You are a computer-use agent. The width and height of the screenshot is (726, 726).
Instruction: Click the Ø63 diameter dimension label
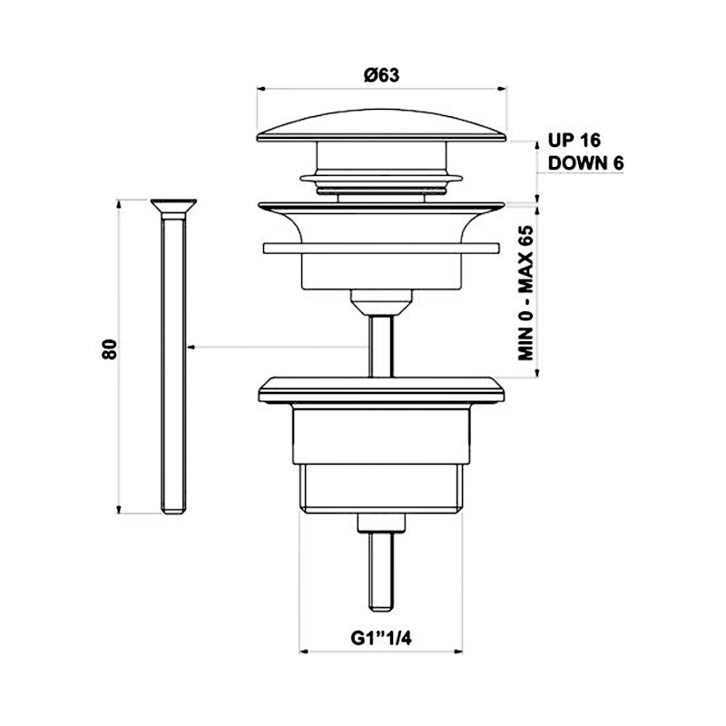click(381, 76)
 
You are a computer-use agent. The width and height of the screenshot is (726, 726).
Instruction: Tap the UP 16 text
click(574, 141)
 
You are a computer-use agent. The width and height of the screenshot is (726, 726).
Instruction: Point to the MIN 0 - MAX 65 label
click(525, 295)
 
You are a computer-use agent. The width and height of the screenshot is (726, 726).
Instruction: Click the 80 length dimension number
click(109, 350)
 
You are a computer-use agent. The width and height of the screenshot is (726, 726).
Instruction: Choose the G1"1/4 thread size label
click(382, 638)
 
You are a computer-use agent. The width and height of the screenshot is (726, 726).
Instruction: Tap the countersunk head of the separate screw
click(173, 204)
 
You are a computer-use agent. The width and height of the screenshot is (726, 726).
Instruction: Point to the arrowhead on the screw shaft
click(189, 347)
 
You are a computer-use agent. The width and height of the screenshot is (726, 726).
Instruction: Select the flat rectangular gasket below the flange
click(381, 248)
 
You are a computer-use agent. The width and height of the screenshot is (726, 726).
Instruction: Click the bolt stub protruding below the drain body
click(381, 567)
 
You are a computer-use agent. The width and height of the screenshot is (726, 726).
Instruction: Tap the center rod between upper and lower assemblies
click(381, 345)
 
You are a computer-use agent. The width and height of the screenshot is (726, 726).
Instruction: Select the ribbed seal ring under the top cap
click(381, 181)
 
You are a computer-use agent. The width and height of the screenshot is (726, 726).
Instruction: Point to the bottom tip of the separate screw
click(173, 511)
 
